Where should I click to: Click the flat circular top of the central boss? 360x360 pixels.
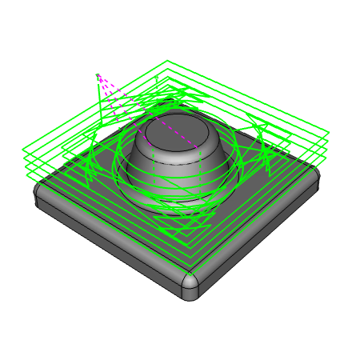(x=174, y=127)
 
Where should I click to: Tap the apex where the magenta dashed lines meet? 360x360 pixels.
(x=98, y=75)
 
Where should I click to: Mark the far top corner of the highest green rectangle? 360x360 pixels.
(x=167, y=61)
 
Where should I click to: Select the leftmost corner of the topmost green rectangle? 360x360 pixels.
(x=24, y=147)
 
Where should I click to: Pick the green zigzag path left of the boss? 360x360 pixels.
(x=92, y=160)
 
